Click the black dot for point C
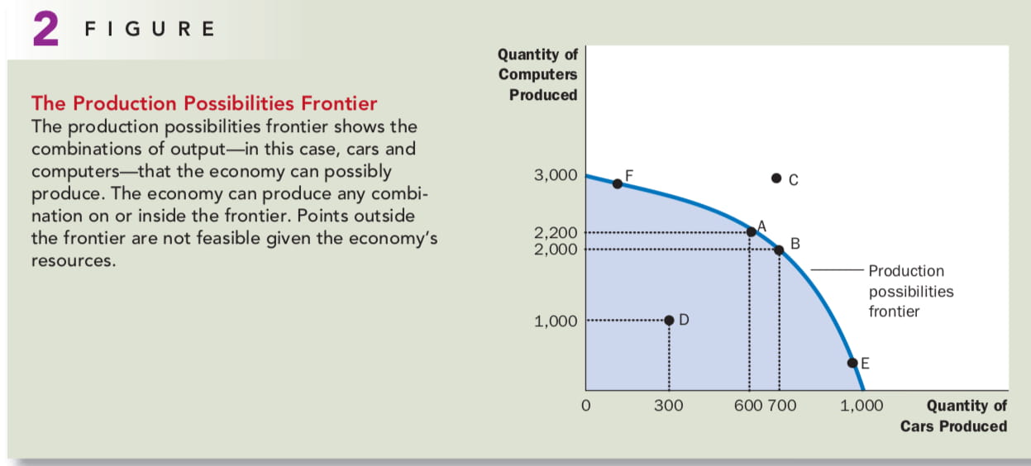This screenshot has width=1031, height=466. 776,178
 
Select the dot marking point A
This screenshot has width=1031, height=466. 752,232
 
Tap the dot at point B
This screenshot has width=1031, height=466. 779,250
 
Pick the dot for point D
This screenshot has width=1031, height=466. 669,321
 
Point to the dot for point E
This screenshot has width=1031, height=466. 852,363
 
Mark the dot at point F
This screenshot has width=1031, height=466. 618,184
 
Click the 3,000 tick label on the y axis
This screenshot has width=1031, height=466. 556,175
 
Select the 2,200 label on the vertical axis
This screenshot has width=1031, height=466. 556,233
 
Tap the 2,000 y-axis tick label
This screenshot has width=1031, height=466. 556,250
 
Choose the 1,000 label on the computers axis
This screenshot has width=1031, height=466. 556,321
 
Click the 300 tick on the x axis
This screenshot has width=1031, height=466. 669,406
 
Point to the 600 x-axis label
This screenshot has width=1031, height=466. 748,406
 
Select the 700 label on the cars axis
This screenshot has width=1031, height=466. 782,406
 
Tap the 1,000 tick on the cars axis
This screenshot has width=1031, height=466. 862,406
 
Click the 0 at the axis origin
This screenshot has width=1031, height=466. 586,406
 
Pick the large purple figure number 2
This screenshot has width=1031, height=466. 46,29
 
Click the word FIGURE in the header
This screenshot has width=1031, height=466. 150,29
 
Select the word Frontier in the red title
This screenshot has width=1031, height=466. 339,103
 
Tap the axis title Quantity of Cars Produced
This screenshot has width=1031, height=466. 953,416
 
